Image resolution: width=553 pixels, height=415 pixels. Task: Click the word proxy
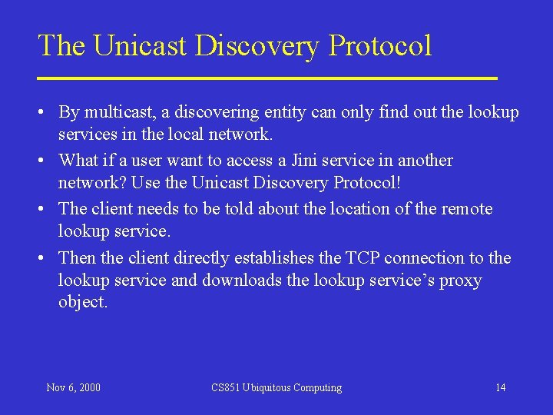click(x=460, y=280)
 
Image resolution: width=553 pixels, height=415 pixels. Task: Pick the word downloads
click(x=242, y=280)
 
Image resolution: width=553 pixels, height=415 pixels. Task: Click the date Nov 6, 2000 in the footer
click(x=73, y=387)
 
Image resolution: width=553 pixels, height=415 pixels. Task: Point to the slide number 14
click(x=500, y=387)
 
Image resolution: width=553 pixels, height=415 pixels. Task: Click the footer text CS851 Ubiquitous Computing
click(x=276, y=387)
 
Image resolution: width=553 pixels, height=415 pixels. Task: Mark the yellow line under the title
click(x=267, y=78)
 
